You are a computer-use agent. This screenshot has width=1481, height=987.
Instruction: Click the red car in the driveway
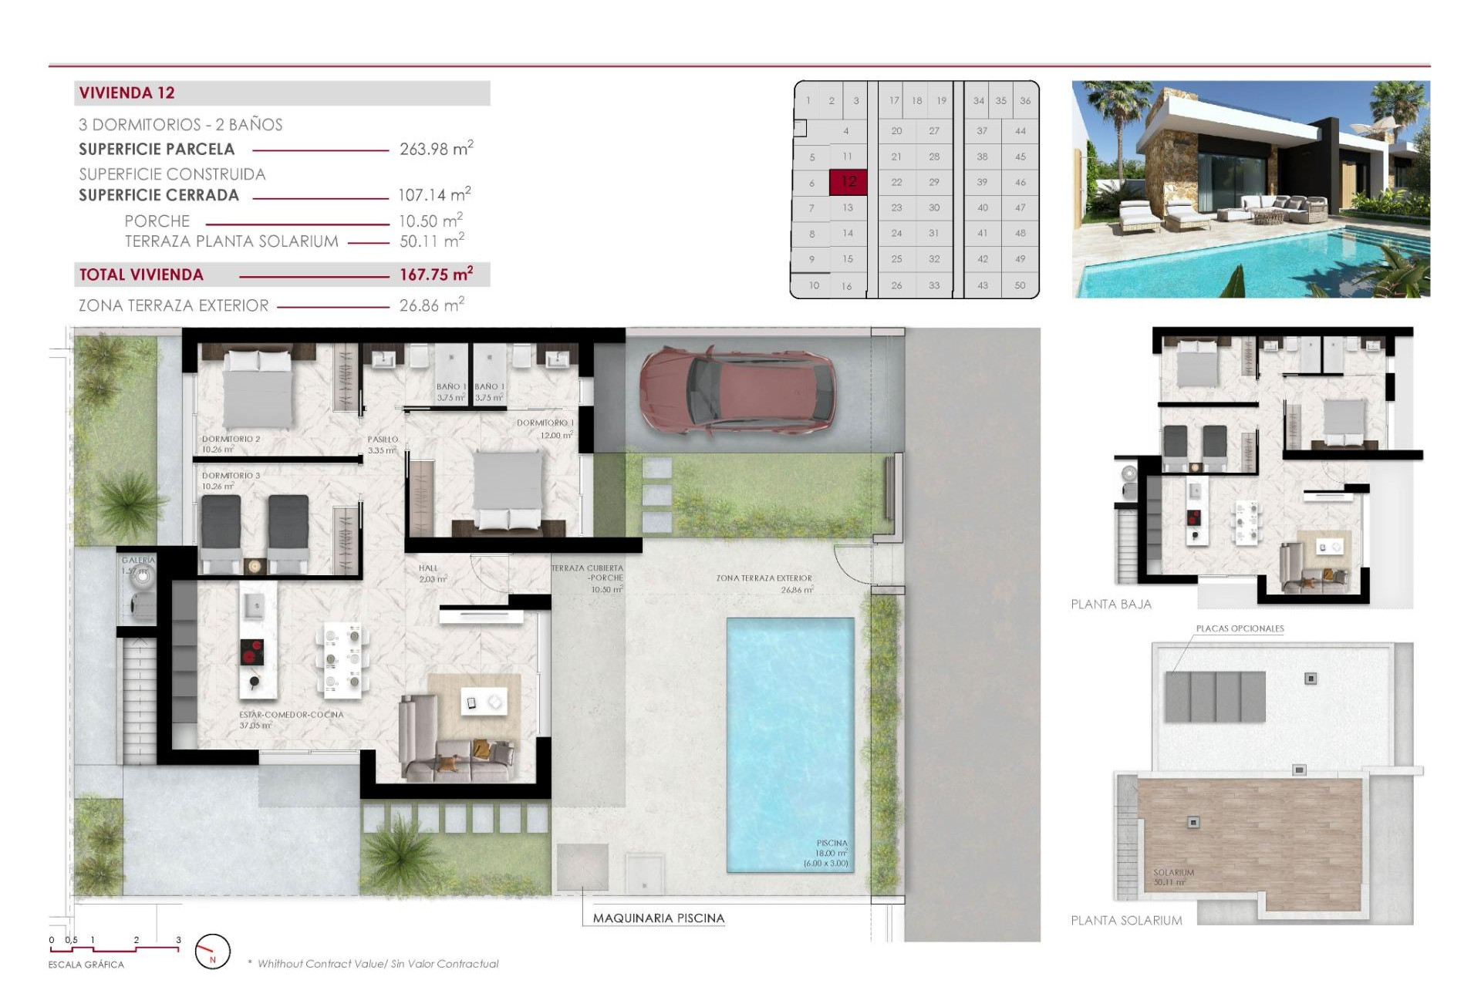[x=737, y=392]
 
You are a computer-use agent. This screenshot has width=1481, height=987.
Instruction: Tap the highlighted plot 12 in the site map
[x=848, y=182]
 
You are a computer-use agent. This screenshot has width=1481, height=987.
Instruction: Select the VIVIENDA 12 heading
[x=127, y=93]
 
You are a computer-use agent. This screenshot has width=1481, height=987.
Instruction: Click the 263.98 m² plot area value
[x=436, y=149]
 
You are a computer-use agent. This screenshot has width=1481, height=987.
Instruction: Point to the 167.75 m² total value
[x=436, y=275]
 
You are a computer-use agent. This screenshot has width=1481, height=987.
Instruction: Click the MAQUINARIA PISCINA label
[x=658, y=918]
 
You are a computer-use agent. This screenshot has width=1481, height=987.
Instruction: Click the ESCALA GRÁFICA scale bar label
[x=86, y=965]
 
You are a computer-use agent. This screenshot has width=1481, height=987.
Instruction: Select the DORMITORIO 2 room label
[x=231, y=439]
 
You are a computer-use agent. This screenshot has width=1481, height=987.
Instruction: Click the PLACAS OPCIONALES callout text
[x=1240, y=628]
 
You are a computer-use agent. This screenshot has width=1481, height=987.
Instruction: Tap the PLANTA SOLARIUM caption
[x=1125, y=921]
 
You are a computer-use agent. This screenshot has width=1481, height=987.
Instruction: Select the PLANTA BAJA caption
[x=1111, y=605]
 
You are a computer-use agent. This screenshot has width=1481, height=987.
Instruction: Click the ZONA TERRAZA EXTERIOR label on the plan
[x=764, y=578]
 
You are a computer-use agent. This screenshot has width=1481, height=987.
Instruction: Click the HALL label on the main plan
[x=428, y=568]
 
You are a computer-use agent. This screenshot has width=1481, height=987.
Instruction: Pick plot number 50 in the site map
[x=1020, y=285]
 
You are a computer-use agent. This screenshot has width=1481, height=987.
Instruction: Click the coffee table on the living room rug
[x=484, y=702]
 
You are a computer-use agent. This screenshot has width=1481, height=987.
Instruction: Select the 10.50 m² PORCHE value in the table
[x=430, y=221]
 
